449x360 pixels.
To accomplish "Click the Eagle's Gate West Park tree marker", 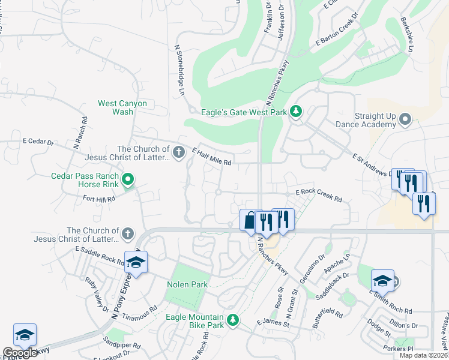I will click(x=295, y=111).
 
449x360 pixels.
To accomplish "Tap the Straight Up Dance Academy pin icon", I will click(x=405, y=119).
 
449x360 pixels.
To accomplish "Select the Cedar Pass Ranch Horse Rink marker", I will click(x=127, y=179).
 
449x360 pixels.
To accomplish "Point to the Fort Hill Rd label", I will click(x=98, y=199).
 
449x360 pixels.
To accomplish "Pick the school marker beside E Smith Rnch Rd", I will click(x=382, y=280).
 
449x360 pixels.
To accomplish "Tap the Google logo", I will click(x=20, y=353).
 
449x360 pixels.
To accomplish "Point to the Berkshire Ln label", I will click(x=406, y=35).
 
